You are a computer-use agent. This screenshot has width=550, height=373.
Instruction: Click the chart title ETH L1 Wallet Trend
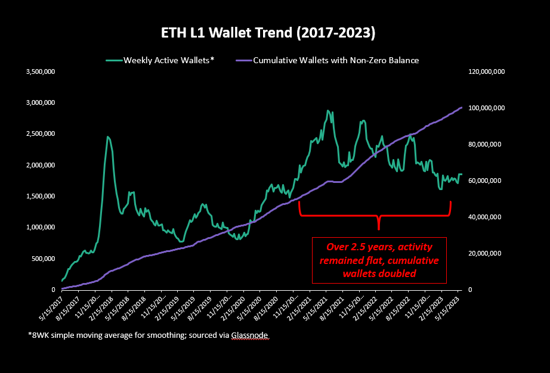pos(268,33)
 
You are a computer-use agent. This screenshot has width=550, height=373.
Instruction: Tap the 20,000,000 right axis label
pos(484,253)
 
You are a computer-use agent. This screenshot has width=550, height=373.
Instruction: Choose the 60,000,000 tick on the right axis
pos(484,181)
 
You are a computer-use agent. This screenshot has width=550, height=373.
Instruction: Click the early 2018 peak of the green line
pos(108,137)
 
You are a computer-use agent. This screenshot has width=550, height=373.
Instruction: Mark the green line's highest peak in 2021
pos(327,111)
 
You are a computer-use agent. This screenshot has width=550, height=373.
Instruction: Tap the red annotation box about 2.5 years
pos(379,260)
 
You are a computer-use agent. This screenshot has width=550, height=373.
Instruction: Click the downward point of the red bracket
pos(378,228)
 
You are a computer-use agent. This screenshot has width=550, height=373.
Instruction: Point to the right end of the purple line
pos(462,107)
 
